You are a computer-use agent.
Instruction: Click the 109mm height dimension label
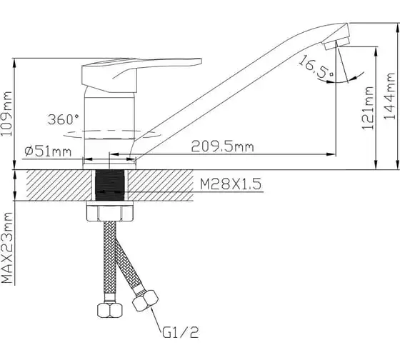click(x=6, y=114)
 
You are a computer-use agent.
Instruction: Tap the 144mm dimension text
click(x=389, y=96)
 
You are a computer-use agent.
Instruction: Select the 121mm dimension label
click(x=368, y=108)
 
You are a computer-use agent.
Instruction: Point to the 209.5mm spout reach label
click(x=222, y=146)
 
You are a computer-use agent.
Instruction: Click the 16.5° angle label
click(x=316, y=67)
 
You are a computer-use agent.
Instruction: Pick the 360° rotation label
click(x=64, y=119)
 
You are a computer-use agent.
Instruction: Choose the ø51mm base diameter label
click(x=48, y=151)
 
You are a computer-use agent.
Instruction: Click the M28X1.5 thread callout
click(x=231, y=184)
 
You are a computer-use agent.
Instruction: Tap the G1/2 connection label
click(x=180, y=332)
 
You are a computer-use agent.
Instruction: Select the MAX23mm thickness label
click(x=7, y=248)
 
